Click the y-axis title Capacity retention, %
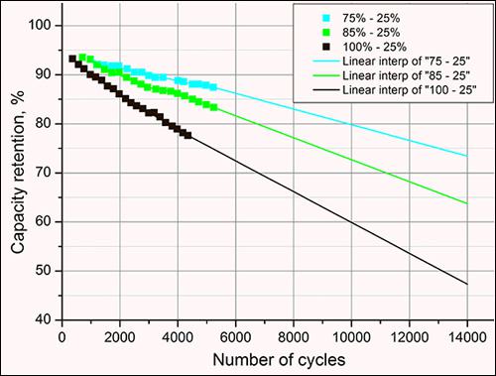click(x=19, y=170)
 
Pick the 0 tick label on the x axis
click(x=62, y=334)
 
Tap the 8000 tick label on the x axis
click(x=293, y=334)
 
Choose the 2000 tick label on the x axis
click(x=120, y=334)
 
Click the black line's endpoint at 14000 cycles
click(x=466, y=284)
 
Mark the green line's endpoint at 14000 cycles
click(x=466, y=203)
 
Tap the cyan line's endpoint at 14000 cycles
click(x=466, y=156)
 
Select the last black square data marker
click(x=187, y=135)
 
